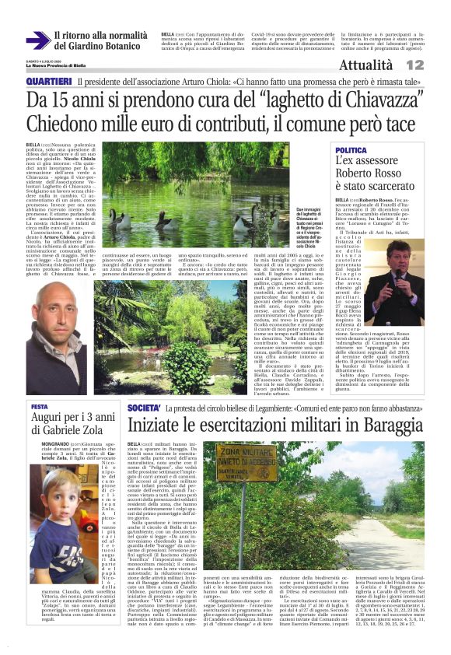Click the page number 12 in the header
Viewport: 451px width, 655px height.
click(436, 65)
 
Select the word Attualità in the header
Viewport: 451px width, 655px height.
click(393, 65)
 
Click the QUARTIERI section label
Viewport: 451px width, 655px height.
click(48, 82)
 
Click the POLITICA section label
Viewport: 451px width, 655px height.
click(351, 149)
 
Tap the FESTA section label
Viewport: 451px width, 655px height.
click(39, 406)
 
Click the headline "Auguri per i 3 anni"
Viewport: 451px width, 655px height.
click(67, 419)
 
